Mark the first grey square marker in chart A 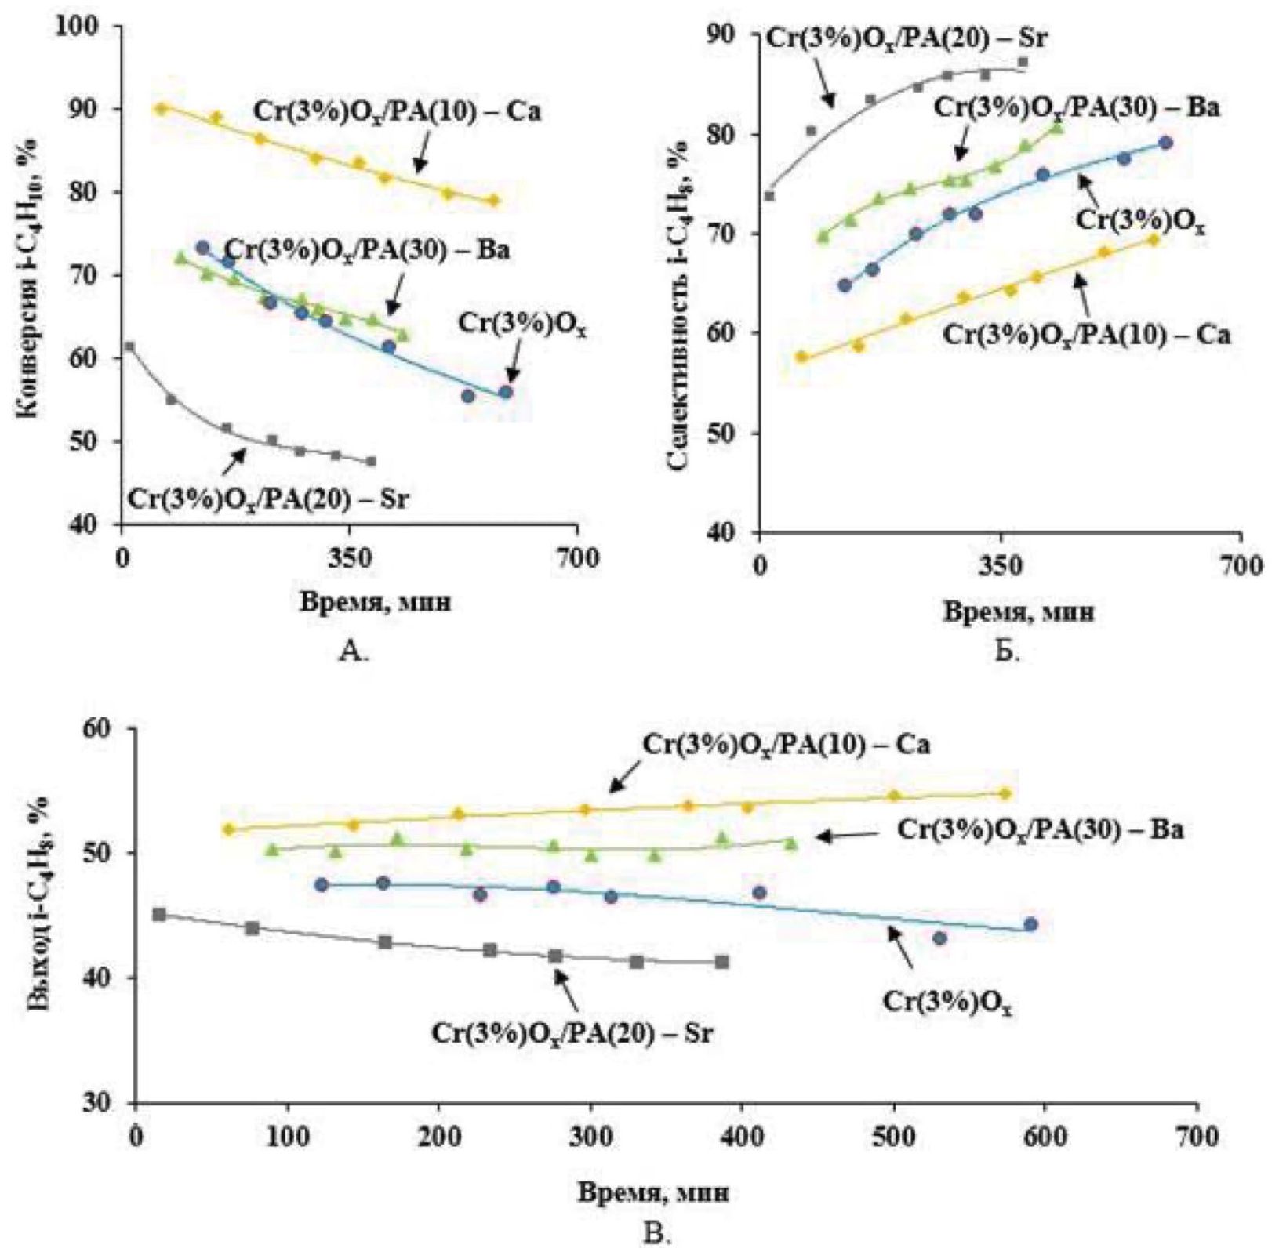130,346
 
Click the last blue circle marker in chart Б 1165,143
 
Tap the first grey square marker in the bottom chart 158,914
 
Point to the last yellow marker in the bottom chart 1005,793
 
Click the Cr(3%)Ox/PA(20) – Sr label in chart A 268,498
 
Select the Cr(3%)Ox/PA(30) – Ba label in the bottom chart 1040,830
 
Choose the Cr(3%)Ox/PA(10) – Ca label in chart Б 1086,335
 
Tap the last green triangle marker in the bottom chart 790,843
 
